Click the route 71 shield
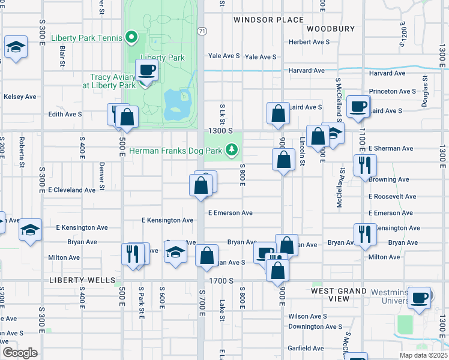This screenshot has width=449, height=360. [x=202, y=31]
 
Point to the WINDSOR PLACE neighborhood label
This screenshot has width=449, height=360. [x=268, y=20]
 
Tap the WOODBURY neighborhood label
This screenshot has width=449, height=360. [x=331, y=29]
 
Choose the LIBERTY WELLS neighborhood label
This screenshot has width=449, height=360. [x=82, y=280]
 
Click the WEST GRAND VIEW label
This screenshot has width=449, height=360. [x=339, y=295]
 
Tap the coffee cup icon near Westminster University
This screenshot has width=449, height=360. [x=421, y=298]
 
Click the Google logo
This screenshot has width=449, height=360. [x=19, y=353]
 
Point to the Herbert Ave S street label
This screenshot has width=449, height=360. [x=309, y=42]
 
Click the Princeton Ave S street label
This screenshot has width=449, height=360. [x=393, y=91]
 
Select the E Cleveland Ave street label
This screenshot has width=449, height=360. [x=71, y=190]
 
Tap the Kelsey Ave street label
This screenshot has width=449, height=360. [x=20, y=97]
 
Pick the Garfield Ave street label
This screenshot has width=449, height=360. [x=306, y=348]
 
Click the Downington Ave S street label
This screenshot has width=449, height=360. [x=315, y=327]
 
